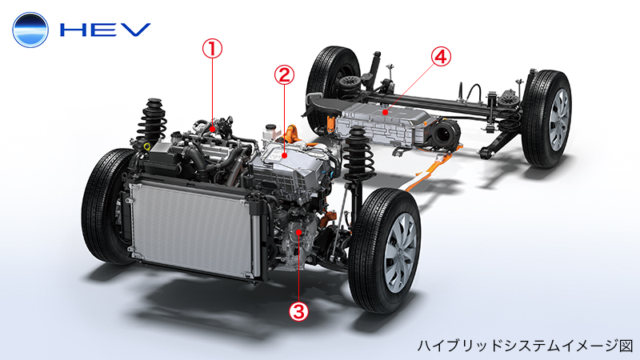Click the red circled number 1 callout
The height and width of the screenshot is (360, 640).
pyautogui.click(x=212, y=49)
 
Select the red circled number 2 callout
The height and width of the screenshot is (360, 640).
pyautogui.click(x=284, y=74)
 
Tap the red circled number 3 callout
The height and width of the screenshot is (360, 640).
pyautogui.click(x=298, y=311)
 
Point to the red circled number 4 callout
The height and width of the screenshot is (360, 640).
pyautogui.click(x=441, y=56)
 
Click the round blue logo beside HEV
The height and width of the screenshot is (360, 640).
pyautogui.click(x=30, y=30)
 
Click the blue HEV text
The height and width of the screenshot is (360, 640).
pyautogui.click(x=106, y=30)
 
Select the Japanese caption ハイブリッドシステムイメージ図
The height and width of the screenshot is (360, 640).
pyautogui.click(x=525, y=346)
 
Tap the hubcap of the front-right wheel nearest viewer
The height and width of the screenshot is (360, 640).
pyautogui.click(x=402, y=252)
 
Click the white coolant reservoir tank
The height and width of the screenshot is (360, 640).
pyautogui.click(x=270, y=131)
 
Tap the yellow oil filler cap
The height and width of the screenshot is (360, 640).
pyautogui.click(x=146, y=146)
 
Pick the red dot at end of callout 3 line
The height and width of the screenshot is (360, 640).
pyautogui.click(x=299, y=232)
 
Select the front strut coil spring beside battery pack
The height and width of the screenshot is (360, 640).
pyautogui.click(x=358, y=154)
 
